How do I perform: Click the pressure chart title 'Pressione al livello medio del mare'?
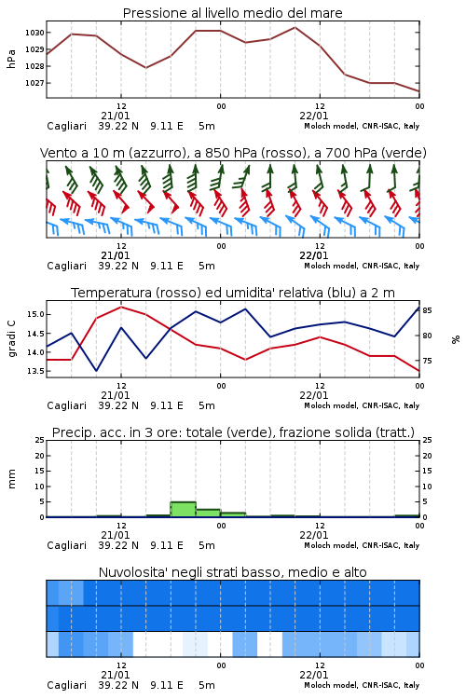tap(232, 13)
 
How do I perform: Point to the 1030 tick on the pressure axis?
tap(34, 33)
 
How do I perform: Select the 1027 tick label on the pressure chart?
tap(34, 83)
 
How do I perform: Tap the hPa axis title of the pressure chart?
tap(11, 59)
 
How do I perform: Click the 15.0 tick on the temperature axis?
tap(35, 314)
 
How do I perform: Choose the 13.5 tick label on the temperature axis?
tap(35, 371)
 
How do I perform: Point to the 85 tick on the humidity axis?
tap(427, 310)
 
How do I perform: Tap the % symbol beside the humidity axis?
tap(456, 339)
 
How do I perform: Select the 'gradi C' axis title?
tap(11, 338)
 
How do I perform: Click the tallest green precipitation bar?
tap(184, 509)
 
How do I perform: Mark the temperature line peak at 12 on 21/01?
tap(121, 307)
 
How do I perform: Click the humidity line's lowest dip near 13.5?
tap(96, 371)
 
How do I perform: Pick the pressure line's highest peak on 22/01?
tap(295, 27)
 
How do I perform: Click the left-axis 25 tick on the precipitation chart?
tap(40, 440)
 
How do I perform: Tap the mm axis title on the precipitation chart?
tap(11, 479)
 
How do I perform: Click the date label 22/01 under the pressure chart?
tap(313, 116)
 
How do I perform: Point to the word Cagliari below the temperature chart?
tap(66, 405)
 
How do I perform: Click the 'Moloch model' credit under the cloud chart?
tap(331, 685)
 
